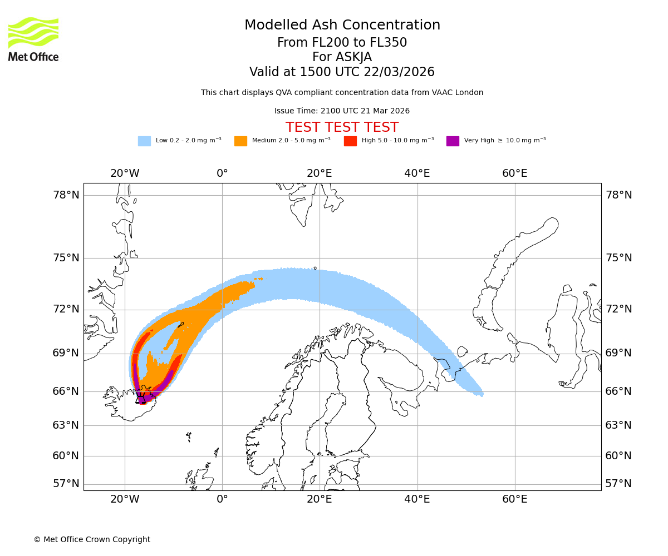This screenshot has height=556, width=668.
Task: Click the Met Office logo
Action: click(33, 39)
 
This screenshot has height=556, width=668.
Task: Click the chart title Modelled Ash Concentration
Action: click(342, 26)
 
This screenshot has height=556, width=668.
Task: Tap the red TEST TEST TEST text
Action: click(342, 127)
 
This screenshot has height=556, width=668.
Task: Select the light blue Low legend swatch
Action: click(144, 141)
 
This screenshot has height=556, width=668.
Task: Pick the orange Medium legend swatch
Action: click(240, 141)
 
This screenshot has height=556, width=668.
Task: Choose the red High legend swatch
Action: click(350, 141)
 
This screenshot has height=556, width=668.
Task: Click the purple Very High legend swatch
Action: click(453, 141)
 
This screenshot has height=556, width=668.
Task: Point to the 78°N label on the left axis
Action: click(66, 195)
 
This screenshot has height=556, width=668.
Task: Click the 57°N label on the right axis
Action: click(618, 484)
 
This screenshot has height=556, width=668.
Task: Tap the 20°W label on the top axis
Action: click(125, 173)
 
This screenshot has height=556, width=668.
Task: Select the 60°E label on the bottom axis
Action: click(514, 499)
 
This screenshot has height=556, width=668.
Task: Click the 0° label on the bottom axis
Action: click(222, 499)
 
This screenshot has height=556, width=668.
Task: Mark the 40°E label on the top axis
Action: click(417, 173)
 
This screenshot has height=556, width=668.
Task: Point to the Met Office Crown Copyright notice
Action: click(92, 539)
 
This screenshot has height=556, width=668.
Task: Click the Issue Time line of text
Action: click(342, 111)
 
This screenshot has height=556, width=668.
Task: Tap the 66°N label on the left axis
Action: click(66, 391)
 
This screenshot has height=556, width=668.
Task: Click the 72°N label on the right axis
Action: click(618, 309)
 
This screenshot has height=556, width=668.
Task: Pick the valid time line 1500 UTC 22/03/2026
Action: click(342, 72)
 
